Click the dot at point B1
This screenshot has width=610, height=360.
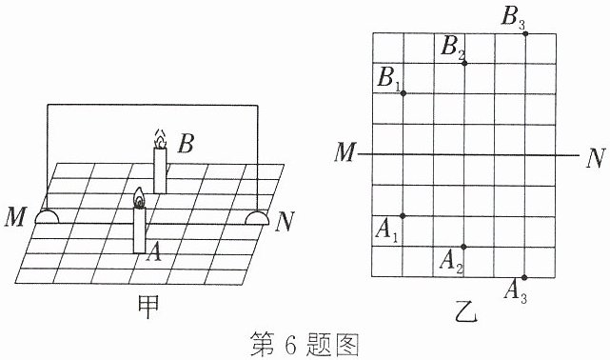click(x=403, y=93)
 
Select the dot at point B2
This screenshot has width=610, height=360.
click(x=464, y=63)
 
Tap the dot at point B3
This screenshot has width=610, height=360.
click(x=525, y=33)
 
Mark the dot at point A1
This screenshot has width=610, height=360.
click(x=403, y=215)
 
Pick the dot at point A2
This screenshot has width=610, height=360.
click(x=463, y=247)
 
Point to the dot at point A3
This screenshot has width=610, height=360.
click(x=524, y=277)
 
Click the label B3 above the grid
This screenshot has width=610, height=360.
click(x=513, y=18)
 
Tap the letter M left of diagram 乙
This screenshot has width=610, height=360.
click(x=345, y=151)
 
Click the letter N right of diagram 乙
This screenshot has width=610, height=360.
click(x=596, y=158)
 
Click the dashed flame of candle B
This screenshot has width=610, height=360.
click(x=160, y=139)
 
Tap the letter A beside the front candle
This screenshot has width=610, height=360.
click(x=154, y=251)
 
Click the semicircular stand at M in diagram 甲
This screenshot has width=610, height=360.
click(x=47, y=217)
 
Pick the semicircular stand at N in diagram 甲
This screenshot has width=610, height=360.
click(x=257, y=217)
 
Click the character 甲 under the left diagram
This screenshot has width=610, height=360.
click(x=148, y=307)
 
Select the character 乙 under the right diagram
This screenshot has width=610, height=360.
click(x=466, y=312)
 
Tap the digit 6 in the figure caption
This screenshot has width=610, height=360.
click(x=290, y=345)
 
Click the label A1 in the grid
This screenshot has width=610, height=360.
click(x=386, y=231)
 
